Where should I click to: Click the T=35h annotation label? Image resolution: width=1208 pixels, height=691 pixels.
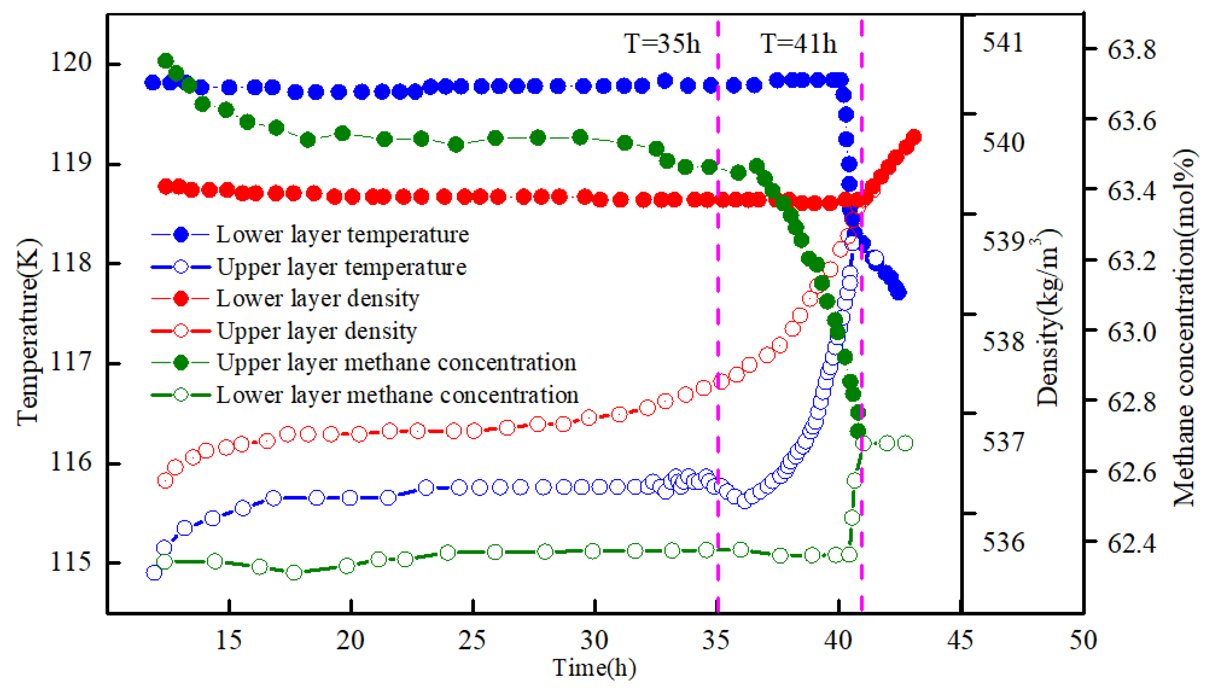661,44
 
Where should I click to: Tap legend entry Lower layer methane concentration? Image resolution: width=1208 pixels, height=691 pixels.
397,395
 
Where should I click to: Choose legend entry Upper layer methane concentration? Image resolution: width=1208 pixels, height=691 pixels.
396,363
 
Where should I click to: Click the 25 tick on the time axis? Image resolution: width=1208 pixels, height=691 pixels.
472,640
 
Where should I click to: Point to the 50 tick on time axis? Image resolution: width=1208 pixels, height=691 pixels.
1083,640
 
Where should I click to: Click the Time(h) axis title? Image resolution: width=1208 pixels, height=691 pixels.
594,668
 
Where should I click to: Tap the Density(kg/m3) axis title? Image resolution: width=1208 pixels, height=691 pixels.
1048,318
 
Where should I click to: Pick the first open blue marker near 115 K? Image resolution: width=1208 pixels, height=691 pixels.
154,573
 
